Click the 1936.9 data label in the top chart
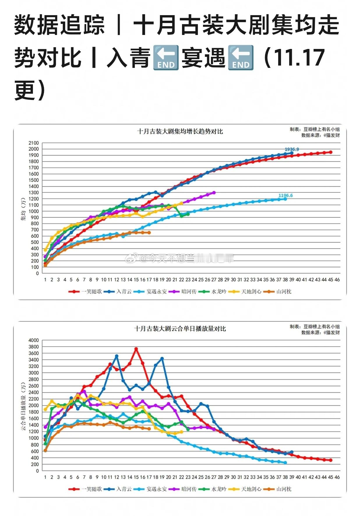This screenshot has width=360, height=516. pyautogui.click(x=292, y=149)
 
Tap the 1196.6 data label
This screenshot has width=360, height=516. pyautogui.click(x=285, y=196)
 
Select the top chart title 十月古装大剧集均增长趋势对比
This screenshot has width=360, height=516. pyautogui.click(x=180, y=131)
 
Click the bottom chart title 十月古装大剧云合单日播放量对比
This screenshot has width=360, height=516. pyautogui.click(x=180, y=329)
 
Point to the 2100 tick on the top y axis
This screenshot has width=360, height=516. pyautogui.click(x=33, y=143)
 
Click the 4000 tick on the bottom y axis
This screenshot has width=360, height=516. pyautogui.click(x=33, y=340)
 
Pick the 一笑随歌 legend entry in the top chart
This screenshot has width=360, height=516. pyautogui.click(x=85, y=291)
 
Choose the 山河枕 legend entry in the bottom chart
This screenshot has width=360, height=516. pyautogui.click(x=277, y=489)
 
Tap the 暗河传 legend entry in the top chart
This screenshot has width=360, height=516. pyautogui.click(x=183, y=291)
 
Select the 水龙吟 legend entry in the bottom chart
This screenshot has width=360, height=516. pyautogui.click(x=213, y=489)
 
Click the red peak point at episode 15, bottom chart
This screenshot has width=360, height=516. pyautogui.click(x=136, y=349)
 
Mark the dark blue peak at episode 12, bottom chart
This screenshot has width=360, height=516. pyautogui.click(x=117, y=356)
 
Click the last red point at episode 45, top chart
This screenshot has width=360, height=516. pyautogui.click(x=331, y=152)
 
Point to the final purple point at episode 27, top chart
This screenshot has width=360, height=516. pyautogui.click(x=214, y=193)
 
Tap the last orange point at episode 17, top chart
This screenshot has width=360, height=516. pyautogui.click(x=149, y=233)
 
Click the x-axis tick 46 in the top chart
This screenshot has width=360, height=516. pyautogui.click(x=337, y=280)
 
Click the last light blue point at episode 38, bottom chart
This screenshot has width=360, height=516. pyautogui.click(x=285, y=463)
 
